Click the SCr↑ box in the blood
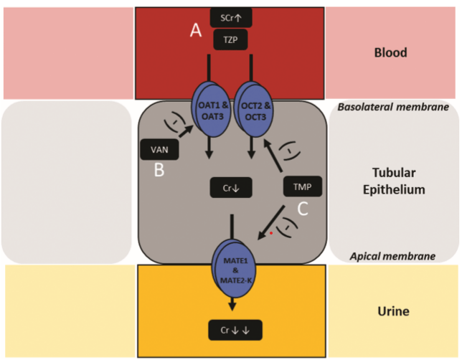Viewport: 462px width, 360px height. pos(230,16)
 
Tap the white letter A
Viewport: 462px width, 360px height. pos(195,29)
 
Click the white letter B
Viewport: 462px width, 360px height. pos(159,172)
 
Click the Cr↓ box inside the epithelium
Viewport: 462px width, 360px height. pos(230,187)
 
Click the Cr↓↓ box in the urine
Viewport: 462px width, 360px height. pos(230,329)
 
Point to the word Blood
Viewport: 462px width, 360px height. pos(391,52)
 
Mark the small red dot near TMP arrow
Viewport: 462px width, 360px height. pos(271,232)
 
